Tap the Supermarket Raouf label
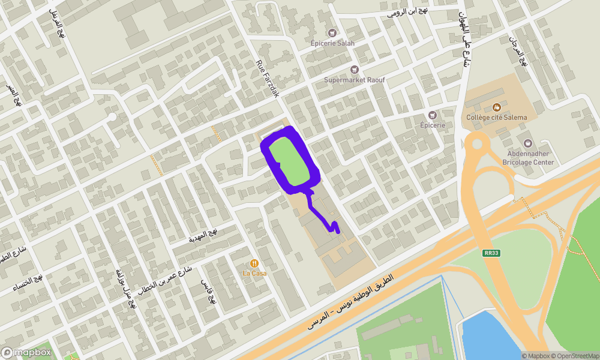[x=354, y=80]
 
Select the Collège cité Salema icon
[x=496, y=107]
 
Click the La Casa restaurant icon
[x=254, y=263]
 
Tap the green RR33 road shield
[x=491, y=253]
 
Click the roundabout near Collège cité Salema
[x=478, y=143]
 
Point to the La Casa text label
[x=254, y=274]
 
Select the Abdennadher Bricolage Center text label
[x=528, y=158]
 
